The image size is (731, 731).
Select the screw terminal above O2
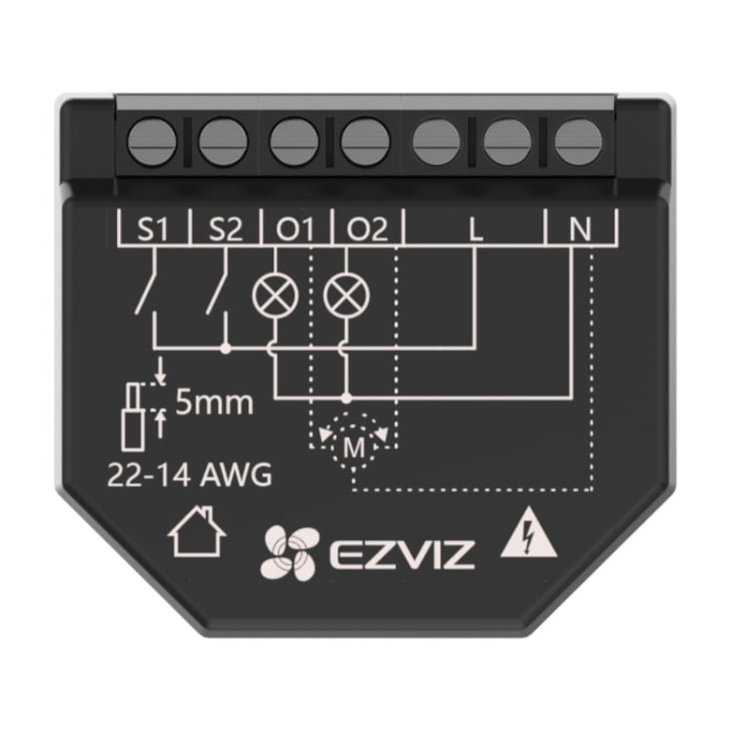[x=365, y=142]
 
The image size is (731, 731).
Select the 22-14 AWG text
[x=189, y=476]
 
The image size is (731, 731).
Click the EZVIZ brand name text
[x=402, y=555]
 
